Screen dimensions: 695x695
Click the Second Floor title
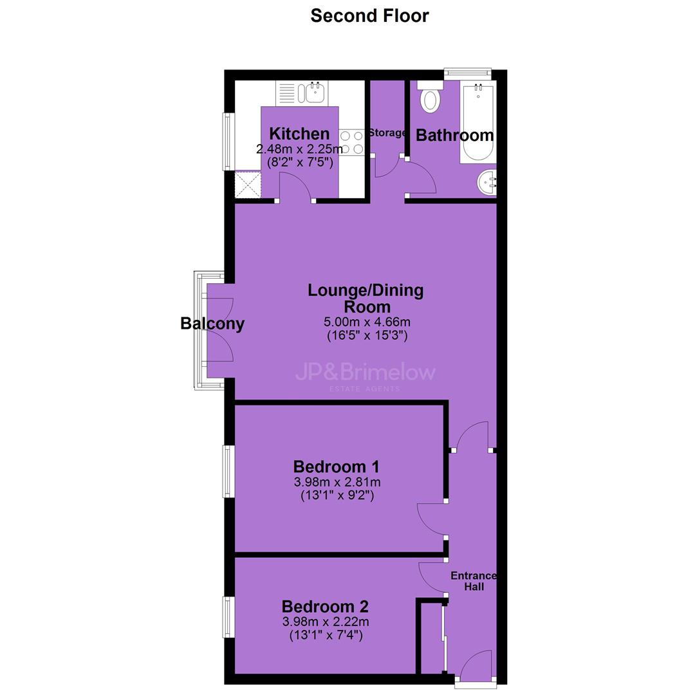pyautogui.click(x=369, y=16)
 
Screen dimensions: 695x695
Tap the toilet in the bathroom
pyautogui.click(x=429, y=96)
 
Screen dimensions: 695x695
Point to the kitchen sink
pyautogui.click(x=313, y=93)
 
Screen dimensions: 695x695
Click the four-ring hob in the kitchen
pyautogui.click(x=352, y=142)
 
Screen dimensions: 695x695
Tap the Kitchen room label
pyautogui.click(x=299, y=133)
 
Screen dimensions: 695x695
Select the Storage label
pyautogui.click(x=387, y=133)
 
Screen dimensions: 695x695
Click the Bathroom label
pyautogui.click(x=455, y=135)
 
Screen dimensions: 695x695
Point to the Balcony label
pyautogui.click(x=212, y=324)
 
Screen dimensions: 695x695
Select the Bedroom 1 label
pyautogui.click(x=337, y=467)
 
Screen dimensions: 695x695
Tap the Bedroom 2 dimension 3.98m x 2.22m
pyautogui.click(x=326, y=622)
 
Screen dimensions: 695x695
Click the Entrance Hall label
pyautogui.click(x=474, y=581)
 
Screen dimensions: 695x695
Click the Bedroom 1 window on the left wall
pyautogui.click(x=228, y=471)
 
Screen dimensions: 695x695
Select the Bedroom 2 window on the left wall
pyautogui.click(x=228, y=617)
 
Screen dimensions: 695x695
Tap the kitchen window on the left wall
pyautogui.click(x=228, y=142)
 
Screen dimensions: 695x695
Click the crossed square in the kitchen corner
pyautogui.click(x=248, y=185)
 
